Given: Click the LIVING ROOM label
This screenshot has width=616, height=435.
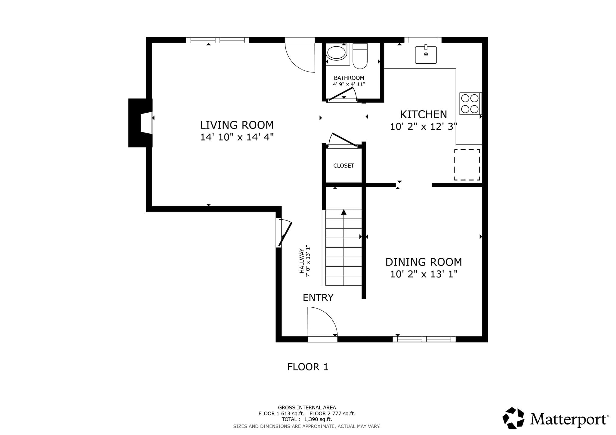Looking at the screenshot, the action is pyautogui.click(x=237, y=125).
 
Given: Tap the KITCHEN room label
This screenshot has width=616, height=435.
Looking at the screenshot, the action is pyautogui.click(x=423, y=114).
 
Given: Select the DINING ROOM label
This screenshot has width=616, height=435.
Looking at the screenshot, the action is pyautogui.click(x=423, y=262).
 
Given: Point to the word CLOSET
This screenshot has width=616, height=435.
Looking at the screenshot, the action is pyautogui.click(x=343, y=166).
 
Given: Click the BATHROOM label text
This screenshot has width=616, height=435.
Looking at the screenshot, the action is pyautogui.click(x=349, y=78).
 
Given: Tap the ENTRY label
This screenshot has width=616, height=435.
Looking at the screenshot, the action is pyautogui.click(x=318, y=297).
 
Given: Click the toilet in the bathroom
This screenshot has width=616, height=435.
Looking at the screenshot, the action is pyautogui.click(x=360, y=56).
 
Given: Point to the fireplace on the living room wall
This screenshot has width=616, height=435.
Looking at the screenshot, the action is pyautogui.click(x=140, y=123).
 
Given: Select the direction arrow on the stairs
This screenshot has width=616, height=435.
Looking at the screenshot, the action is pyautogui.click(x=344, y=212).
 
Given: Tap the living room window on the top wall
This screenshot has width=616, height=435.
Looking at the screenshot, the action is pyautogui.click(x=217, y=40).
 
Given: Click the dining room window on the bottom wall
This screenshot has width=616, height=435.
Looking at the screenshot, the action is pyautogui.click(x=424, y=339).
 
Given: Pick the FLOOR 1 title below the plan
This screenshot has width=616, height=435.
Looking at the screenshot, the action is pyautogui.click(x=308, y=367).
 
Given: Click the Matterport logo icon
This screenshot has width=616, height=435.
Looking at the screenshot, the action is pyautogui.click(x=513, y=418).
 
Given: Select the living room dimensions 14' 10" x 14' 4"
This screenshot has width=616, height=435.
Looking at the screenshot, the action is pyautogui.click(x=237, y=137).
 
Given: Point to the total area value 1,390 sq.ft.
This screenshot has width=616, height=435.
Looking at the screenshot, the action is pyautogui.click(x=318, y=419).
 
